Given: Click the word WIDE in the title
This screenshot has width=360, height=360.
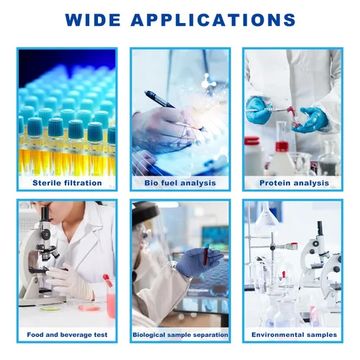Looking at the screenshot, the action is pos(93,19).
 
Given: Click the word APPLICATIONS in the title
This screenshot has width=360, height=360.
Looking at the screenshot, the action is pos(213,19).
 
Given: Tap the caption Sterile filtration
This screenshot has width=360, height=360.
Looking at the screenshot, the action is pos(67,183).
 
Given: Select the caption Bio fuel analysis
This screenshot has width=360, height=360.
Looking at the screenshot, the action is pos(180,183).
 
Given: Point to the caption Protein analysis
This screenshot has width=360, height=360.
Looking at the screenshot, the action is pos(294,183).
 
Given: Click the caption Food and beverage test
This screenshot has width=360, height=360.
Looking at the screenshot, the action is pos(67,335).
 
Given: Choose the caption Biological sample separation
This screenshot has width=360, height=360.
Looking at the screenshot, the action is pos(181,335).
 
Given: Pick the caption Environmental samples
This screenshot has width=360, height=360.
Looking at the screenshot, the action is pos(294,335).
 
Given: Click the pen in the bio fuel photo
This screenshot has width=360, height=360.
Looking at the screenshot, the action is pos(160,99).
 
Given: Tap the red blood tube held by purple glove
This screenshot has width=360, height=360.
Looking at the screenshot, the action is pos(206,254).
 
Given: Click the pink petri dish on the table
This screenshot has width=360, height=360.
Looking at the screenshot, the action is pos(89,307).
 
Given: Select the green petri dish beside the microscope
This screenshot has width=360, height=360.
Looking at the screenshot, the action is pos(50,308).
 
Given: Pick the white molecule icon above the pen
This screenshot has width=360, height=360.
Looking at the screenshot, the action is pos(208,82).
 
